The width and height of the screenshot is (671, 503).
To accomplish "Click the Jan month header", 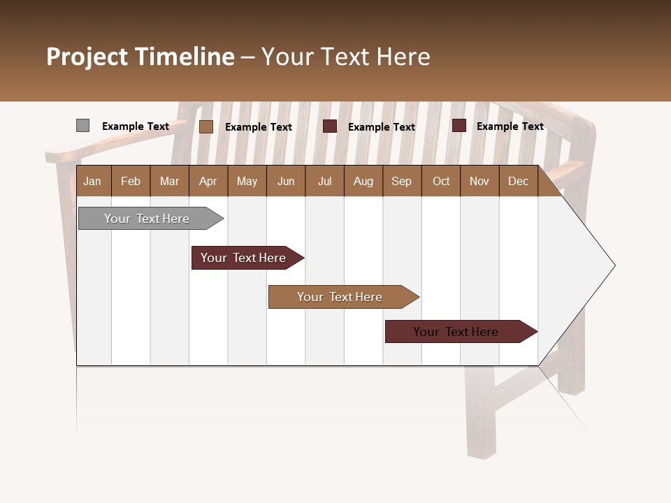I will pyautogui.click(x=92, y=181).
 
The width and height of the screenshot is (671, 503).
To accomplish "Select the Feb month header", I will pyautogui.click(x=131, y=181).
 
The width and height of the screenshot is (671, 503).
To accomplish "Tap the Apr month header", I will pyautogui.click(x=208, y=181).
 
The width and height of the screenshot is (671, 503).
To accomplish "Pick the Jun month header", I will pyautogui.click(x=286, y=181).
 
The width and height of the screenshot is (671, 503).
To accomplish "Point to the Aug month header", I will pyautogui.click(x=363, y=181).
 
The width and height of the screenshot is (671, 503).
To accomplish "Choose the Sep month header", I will pyautogui.click(x=402, y=181).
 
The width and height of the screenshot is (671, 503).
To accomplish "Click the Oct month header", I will pyautogui.click(x=441, y=181).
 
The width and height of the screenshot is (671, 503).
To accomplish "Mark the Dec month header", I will pyautogui.click(x=519, y=181).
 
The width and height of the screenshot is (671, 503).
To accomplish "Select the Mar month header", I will pyautogui.click(x=170, y=181).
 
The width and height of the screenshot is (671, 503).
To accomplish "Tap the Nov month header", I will pyautogui.click(x=479, y=181).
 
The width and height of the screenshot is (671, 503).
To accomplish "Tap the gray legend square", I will pyautogui.click(x=82, y=126).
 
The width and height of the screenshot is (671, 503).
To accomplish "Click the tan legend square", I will pyautogui.click(x=205, y=126).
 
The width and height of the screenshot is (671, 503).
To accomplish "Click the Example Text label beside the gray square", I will pyautogui.click(x=136, y=126).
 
